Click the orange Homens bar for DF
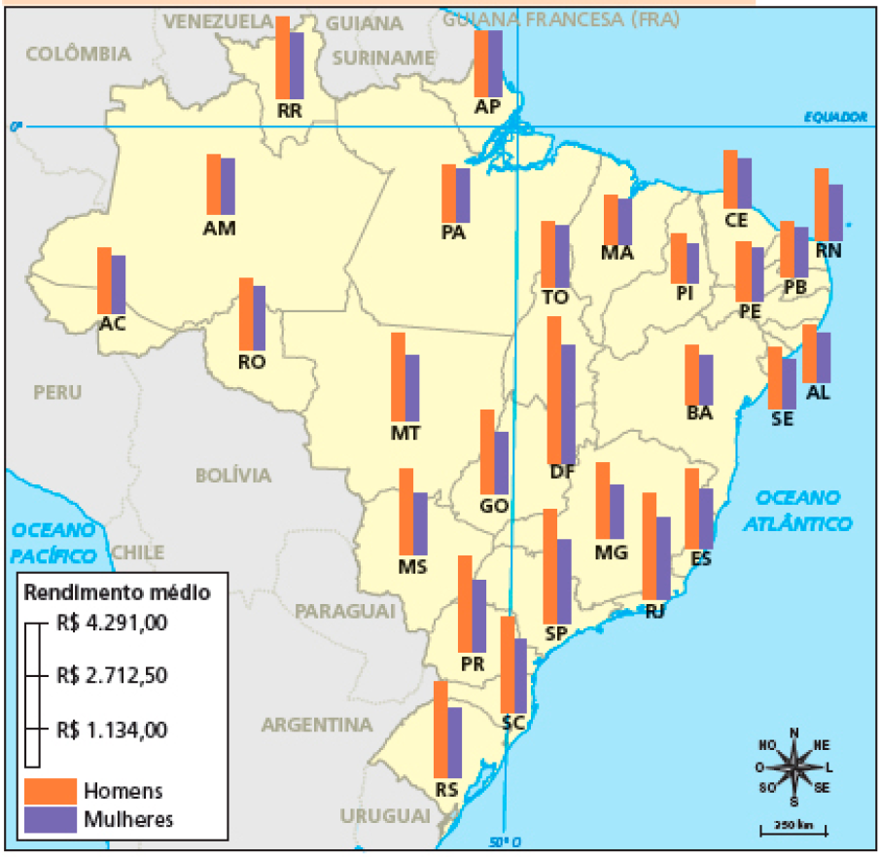(553, 389)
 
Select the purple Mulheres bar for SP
(564, 581)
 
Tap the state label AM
(220, 229)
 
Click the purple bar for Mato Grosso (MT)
(412, 387)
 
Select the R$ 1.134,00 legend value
(112, 730)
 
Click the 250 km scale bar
(793, 830)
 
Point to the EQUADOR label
(834, 117)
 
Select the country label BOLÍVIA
(233, 475)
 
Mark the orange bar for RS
(440, 729)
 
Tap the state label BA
(699, 412)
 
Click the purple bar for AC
(119, 284)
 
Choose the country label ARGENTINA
(317, 725)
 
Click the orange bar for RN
(822, 203)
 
